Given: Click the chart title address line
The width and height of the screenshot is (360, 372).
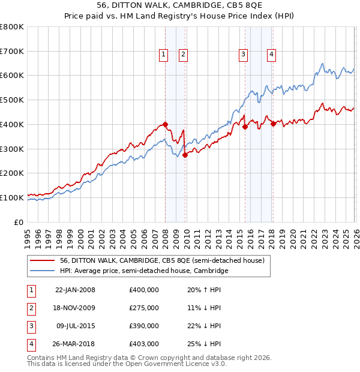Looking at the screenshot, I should pyautogui.click(x=181, y=5).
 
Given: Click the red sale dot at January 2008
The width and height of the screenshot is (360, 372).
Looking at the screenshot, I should pyautogui.click(x=166, y=124).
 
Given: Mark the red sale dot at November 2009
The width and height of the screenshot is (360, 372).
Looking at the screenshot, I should pyautogui.click(x=185, y=155).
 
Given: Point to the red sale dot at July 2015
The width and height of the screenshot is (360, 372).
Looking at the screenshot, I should pyautogui.click(x=245, y=127).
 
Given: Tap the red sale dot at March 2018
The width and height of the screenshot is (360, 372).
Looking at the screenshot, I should pyautogui.click(x=274, y=124).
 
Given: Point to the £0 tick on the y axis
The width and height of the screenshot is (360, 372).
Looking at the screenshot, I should pyautogui.click(x=19, y=222).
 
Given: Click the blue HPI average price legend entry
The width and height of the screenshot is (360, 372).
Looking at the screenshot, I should pyautogui.click(x=144, y=271).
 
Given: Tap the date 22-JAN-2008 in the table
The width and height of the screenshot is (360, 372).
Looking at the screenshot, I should pyautogui.click(x=75, y=290).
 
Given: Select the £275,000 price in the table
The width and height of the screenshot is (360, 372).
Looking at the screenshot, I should pyautogui.click(x=144, y=308).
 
